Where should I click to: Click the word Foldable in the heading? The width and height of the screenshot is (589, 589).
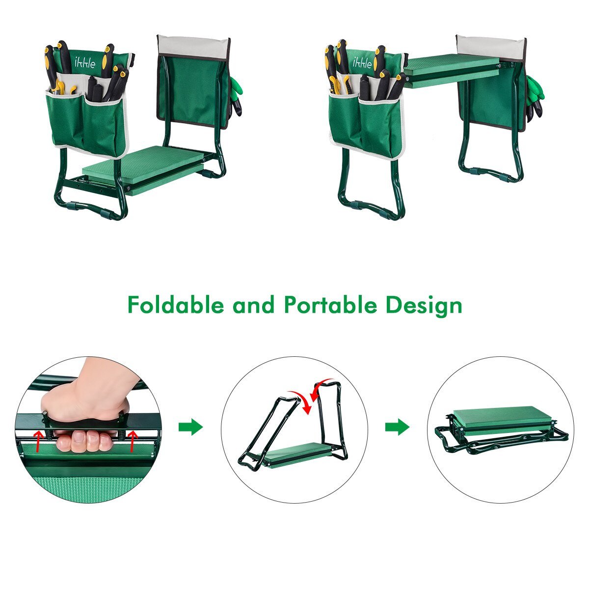pos(176,304)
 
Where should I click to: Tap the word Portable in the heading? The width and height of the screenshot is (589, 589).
pos(330,304)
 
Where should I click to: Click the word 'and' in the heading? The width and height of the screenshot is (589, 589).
pos(253,305)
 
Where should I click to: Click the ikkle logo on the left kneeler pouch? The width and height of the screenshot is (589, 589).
pos(84,62)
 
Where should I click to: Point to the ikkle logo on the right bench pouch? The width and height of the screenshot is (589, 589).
pos(363,62)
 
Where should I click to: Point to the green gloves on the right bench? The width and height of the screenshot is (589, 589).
pos(535,98)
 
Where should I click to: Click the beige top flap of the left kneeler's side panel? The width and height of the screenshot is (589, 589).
pos(193,48)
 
